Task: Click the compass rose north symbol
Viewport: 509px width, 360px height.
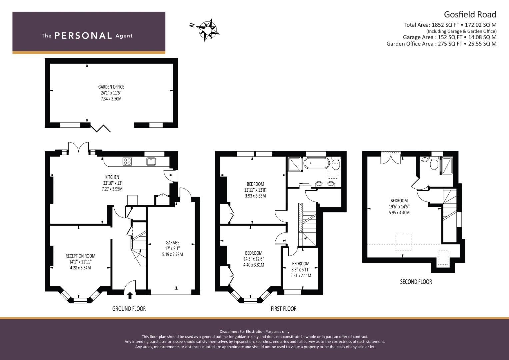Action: [x=207, y=30]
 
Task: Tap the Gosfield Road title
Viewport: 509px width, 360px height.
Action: [x=470, y=15]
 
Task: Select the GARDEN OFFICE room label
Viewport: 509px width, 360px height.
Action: [x=111, y=87]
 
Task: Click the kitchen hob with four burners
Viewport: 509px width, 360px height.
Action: [x=127, y=162]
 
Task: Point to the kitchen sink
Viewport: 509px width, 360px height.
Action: [x=151, y=162]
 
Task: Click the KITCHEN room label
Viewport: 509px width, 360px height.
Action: [x=112, y=177]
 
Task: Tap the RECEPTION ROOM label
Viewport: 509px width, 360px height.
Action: [x=80, y=256]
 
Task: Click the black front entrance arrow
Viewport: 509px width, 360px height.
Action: [x=130, y=295]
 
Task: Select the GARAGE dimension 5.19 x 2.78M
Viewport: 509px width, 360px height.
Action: [x=172, y=254]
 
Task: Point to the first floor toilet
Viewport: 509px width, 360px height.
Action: [x=335, y=163]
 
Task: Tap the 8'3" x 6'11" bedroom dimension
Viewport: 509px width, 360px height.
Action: [x=301, y=270]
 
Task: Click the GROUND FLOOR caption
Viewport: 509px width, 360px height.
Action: [x=129, y=309]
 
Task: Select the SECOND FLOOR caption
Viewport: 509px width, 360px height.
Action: [x=416, y=282]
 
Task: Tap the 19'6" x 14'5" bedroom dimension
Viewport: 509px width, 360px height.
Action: [x=399, y=207]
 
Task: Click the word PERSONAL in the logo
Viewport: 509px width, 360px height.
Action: [x=83, y=36]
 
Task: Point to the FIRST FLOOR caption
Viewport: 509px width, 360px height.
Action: [x=284, y=309]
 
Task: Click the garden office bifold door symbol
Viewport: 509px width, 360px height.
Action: [x=100, y=128]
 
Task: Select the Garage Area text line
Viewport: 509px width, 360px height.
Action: [x=450, y=37]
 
